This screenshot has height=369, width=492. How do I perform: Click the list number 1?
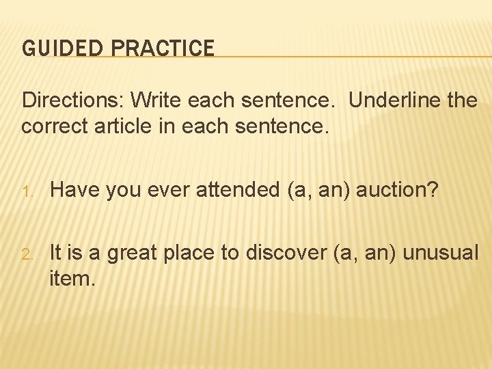click(x=27, y=191)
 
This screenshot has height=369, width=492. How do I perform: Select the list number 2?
click(x=27, y=254)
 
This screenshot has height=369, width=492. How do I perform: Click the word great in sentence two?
click(x=129, y=254)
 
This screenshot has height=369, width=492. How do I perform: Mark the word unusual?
click(x=441, y=254)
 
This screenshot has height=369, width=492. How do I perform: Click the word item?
click(x=72, y=278)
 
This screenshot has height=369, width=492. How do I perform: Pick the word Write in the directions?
click(x=156, y=101)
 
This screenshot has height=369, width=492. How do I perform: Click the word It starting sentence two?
click(x=56, y=254)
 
